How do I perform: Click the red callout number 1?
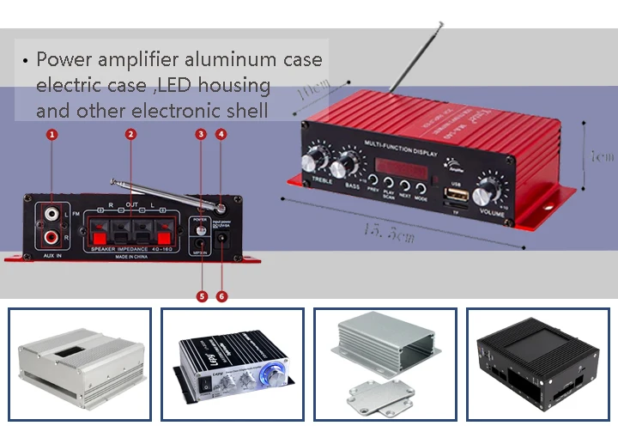(52, 135)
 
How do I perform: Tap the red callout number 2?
(130, 135)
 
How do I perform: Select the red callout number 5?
(203, 296)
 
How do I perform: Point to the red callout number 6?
(223, 296)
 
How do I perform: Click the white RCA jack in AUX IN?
(53, 211)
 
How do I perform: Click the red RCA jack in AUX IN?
(53, 234)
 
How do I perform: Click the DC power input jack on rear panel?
(225, 239)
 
